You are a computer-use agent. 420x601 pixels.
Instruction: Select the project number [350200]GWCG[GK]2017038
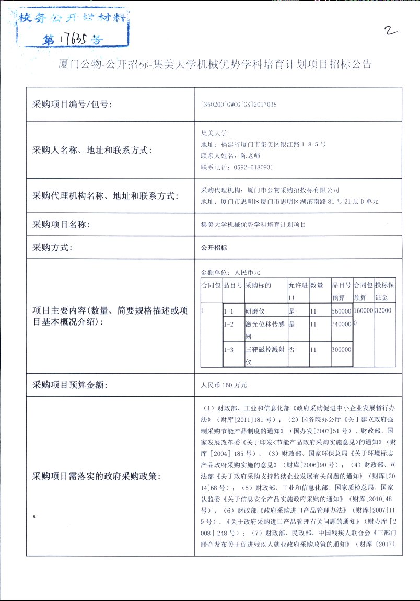pyautogui.click(x=239, y=105)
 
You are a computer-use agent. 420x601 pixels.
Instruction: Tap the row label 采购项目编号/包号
pyautogui.click(x=73, y=105)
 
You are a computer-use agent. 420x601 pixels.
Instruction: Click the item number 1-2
pyautogui.click(x=228, y=324)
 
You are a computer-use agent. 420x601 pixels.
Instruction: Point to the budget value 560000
pyautogui.click(x=341, y=311)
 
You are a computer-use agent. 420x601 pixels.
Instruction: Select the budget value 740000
pyautogui.click(x=341, y=324)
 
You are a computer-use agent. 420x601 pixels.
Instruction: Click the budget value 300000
pyautogui.click(x=341, y=350)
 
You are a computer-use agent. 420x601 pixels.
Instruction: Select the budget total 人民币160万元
pyautogui.click(x=224, y=385)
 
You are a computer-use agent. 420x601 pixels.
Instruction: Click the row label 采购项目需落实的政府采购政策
pyautogui.click(x=97, y=476)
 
